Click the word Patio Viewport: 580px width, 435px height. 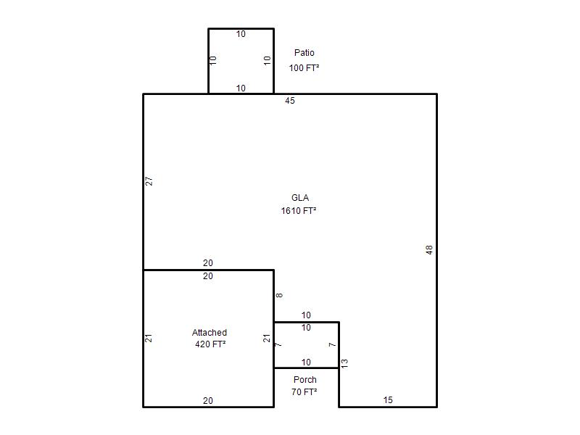304,53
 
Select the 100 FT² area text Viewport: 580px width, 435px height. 304,67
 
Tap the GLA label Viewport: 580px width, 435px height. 300,198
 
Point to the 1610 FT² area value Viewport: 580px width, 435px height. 299,211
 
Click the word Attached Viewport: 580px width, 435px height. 210,333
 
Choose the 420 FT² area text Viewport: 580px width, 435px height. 210,344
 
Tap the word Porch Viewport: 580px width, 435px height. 305,380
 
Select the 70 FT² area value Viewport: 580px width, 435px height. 304,392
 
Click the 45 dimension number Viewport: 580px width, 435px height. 290,101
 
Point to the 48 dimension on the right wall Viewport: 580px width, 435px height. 429,250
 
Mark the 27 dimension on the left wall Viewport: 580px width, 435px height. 149,181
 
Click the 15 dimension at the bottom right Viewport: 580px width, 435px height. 388,400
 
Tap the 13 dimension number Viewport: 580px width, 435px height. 344,363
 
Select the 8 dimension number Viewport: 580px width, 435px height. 279,295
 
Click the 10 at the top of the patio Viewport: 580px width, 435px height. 241,34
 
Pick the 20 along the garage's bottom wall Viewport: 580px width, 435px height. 208,401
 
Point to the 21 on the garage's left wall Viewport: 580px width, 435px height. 149,338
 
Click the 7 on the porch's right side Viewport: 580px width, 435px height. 333,345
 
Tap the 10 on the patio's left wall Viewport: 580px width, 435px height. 213,60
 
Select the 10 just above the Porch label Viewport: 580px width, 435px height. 306,362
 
